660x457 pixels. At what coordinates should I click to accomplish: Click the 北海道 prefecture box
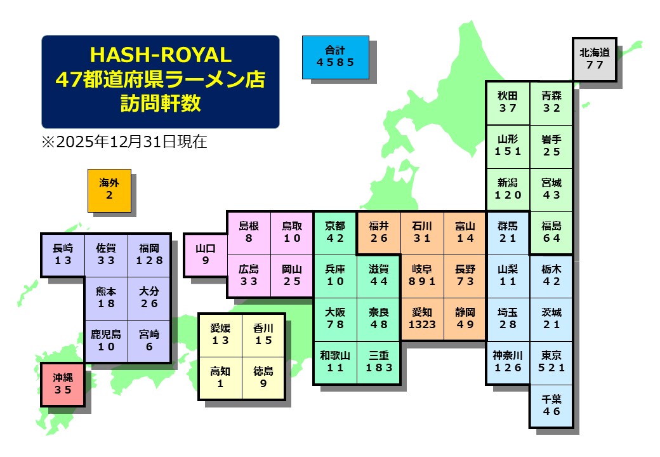click(595, 58)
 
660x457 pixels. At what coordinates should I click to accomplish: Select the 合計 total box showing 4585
click(335, 56)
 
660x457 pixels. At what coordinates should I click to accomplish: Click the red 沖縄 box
click(63, 384)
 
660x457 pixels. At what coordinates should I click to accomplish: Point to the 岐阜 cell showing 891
click(422, 275)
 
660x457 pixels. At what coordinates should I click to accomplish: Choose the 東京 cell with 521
click(551, 362)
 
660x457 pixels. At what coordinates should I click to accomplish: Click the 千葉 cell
click(551, 406)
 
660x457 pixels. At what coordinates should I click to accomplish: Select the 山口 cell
click(205, 254)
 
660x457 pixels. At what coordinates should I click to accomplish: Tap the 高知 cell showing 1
click(220, 377)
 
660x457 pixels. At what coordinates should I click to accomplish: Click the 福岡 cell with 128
click(149, 254)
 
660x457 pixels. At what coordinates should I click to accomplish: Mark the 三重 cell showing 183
click(379, 362)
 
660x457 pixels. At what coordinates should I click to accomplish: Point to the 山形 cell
click(508, 145)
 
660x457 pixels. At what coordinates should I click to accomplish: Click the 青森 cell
click(551, 102)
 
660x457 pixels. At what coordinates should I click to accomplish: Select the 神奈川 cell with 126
click(508, 362)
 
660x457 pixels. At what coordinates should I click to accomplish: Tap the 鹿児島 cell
click(106, 341)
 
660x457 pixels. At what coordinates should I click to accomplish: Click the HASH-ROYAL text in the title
click(160, 53)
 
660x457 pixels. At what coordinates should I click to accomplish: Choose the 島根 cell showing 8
click(249, 232)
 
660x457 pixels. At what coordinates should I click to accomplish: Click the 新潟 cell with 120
click(508, 189)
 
